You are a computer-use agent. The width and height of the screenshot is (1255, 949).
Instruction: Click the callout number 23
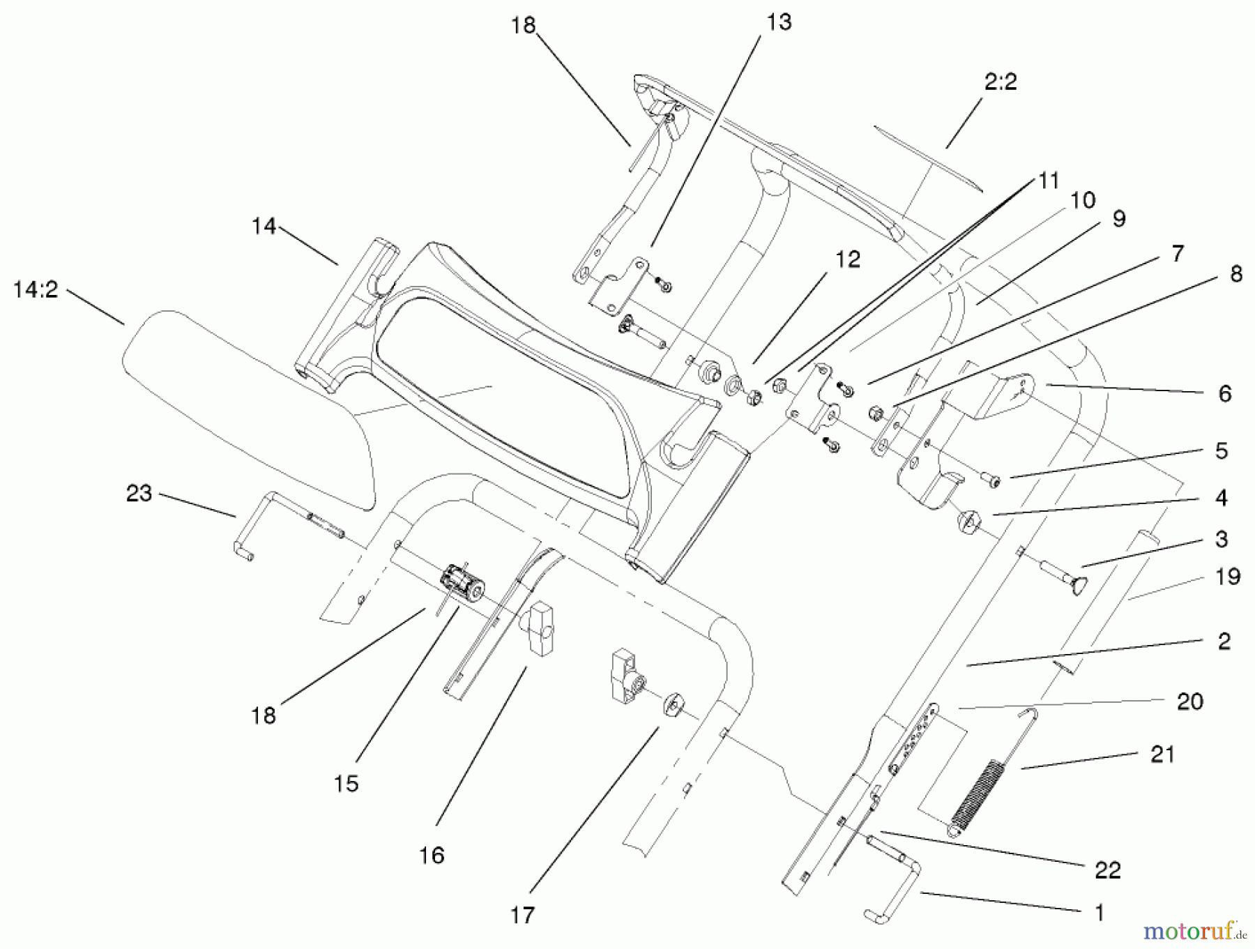[x=139, y=494]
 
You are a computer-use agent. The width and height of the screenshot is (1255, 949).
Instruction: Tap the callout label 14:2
[x=36, y=289]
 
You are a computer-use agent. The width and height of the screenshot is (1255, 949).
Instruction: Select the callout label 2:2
[x=1001, y=82]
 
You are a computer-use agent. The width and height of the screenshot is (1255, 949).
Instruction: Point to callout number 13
[x=779, y=23]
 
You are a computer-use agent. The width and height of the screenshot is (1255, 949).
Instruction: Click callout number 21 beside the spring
[x=1162, y=754]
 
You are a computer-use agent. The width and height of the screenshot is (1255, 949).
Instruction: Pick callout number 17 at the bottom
[x=522, y=914]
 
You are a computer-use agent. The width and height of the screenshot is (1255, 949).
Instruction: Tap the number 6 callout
[x=1224, y=394]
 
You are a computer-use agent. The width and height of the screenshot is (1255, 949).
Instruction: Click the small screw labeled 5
[x=991, y=480]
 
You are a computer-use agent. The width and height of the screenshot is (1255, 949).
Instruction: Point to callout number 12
[x=847, y=260]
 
